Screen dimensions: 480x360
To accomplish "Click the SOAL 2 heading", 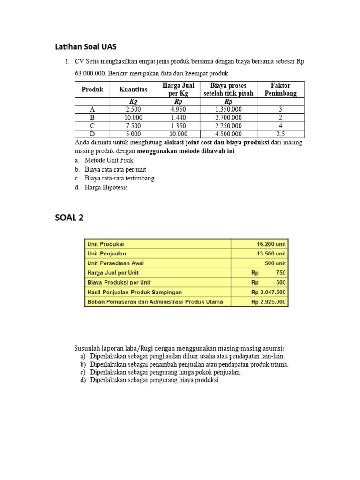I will pyautogui.click(x=69, y=217).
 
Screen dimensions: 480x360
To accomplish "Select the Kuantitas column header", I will pyautogui.click(x=133, y=89).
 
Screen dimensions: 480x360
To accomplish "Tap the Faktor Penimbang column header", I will pyautogui.click(x=280, y=89).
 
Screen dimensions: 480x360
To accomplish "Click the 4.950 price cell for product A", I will pyautogui.click(x=178, y=109).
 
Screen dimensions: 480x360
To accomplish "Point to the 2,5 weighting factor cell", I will pyautogui.click(x=280, y=134).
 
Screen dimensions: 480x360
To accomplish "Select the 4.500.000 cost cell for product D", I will pyautogui.click(x=228, y=134).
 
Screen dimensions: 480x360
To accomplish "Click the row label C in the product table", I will pyautogui.click(x=92, y=126).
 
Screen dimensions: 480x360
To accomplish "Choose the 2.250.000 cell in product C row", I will pyautogui.click(x=228, y=126).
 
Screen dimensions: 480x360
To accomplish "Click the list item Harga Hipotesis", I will pyautogui.click(x=106, y=187).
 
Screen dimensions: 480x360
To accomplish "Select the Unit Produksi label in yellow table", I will pyautogui.click(x=106, y=244).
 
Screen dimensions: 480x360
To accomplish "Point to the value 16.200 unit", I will pyautogui.click(x=271, y=244).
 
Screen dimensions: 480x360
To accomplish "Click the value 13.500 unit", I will pyautogui.click(x=271, y=254).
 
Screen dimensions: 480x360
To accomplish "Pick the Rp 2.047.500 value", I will pyautogui.click(x=268, y=292).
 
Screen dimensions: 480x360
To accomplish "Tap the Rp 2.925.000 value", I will pyautogui.click(x=268, y=302).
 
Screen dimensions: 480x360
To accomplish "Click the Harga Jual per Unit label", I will pyautogui.click(x=113, y=273).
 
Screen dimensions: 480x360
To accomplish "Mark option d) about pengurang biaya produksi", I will pyautogui.click(x=155, y=380).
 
